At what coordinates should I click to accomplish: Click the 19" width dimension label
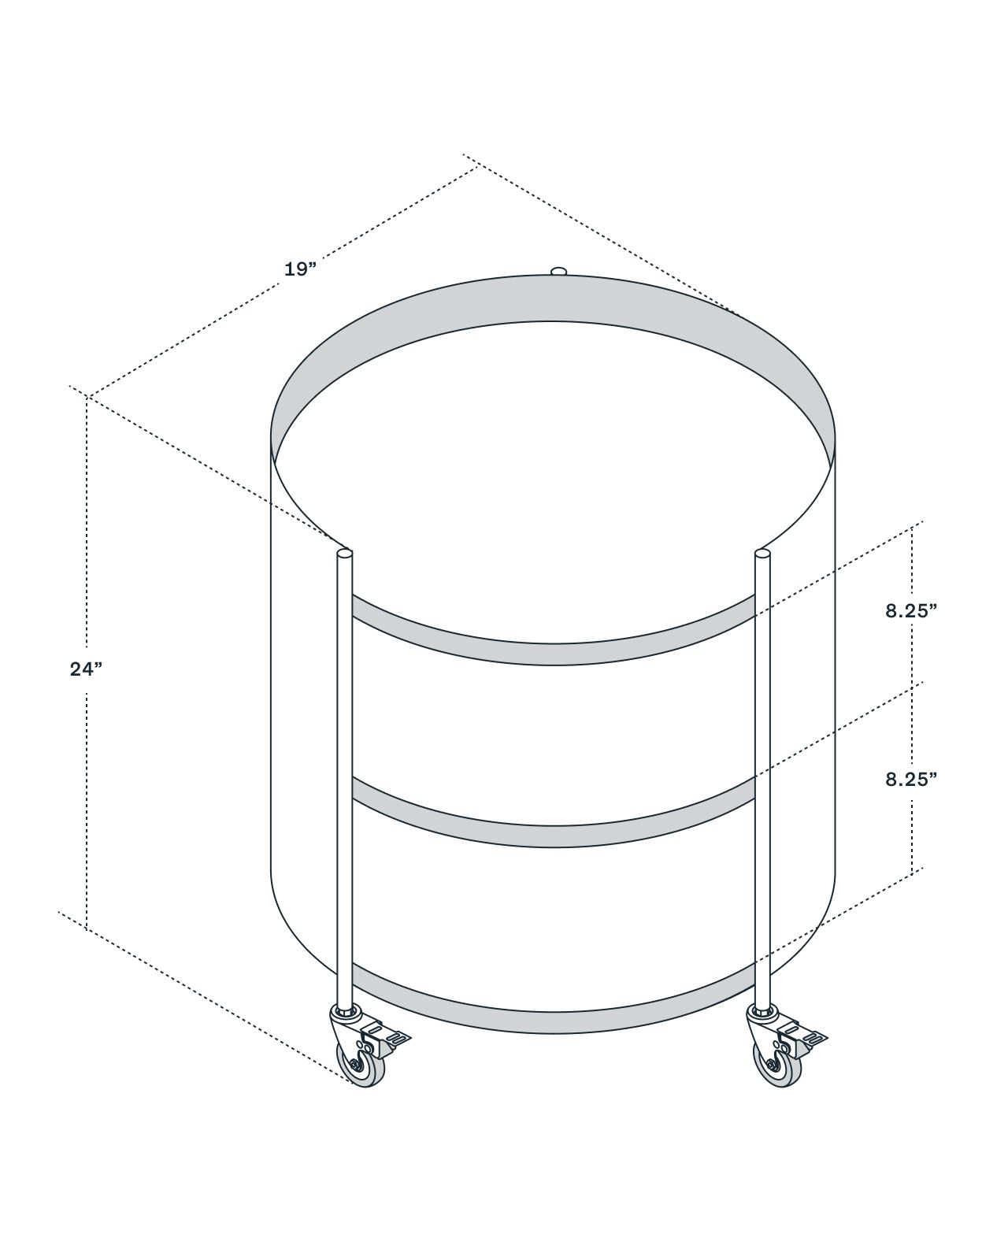[x=300, y=269]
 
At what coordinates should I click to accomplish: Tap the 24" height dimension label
[x=86, y=669]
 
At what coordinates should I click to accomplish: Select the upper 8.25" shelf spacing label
[x=911, y=610]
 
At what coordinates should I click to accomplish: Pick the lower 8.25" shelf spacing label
[x=911, y=779]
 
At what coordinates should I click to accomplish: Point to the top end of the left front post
[x=344, y=552]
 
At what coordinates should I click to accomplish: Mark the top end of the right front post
[x=762, y=552]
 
